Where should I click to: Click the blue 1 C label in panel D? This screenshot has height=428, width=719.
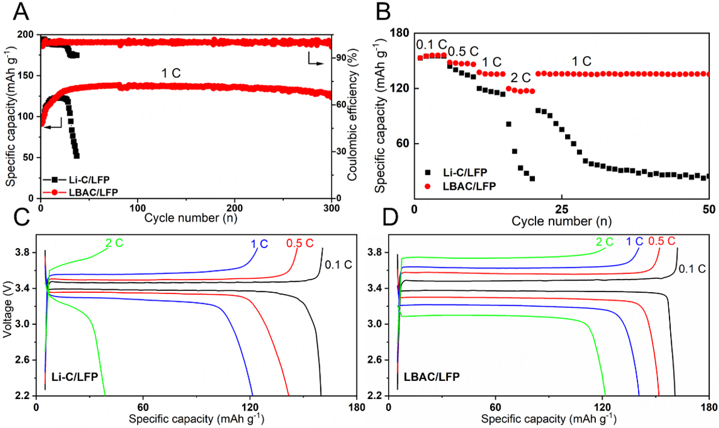634,243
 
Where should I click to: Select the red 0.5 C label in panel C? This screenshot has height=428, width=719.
299,243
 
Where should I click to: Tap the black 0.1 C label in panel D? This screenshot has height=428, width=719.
692,269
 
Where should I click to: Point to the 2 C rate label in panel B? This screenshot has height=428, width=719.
519,78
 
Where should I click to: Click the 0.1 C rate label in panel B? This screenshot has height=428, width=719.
430,45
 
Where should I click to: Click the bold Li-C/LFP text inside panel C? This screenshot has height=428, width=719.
74,377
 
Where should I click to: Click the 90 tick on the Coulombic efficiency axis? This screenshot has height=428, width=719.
341,57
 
